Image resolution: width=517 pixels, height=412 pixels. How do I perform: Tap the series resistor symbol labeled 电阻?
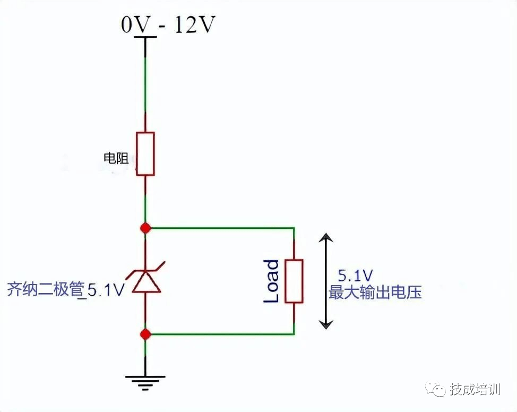pos(145,153)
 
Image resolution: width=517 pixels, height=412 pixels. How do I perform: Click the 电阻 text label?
pos(116,158)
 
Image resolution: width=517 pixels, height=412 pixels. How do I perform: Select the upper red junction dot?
pos(145,228)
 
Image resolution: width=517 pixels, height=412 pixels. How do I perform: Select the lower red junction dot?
pos(145,334)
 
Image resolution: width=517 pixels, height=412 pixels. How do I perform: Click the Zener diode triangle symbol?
pos(145,281)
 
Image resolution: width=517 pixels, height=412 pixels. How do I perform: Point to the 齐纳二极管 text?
pos(46,290)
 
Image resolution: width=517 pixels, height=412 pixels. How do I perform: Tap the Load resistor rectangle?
pos(294,281)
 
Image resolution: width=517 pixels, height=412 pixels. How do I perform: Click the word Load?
pos(271,281)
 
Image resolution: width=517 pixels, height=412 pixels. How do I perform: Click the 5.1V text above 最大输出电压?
pos(355,276)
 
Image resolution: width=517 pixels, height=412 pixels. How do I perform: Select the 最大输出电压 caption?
pos(375,292)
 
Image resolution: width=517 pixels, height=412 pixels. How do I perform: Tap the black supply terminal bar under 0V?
pos(145,37)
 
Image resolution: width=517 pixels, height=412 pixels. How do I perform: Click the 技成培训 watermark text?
pos(475,390)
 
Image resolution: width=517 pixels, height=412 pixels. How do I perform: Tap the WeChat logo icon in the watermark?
pos(438,390)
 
